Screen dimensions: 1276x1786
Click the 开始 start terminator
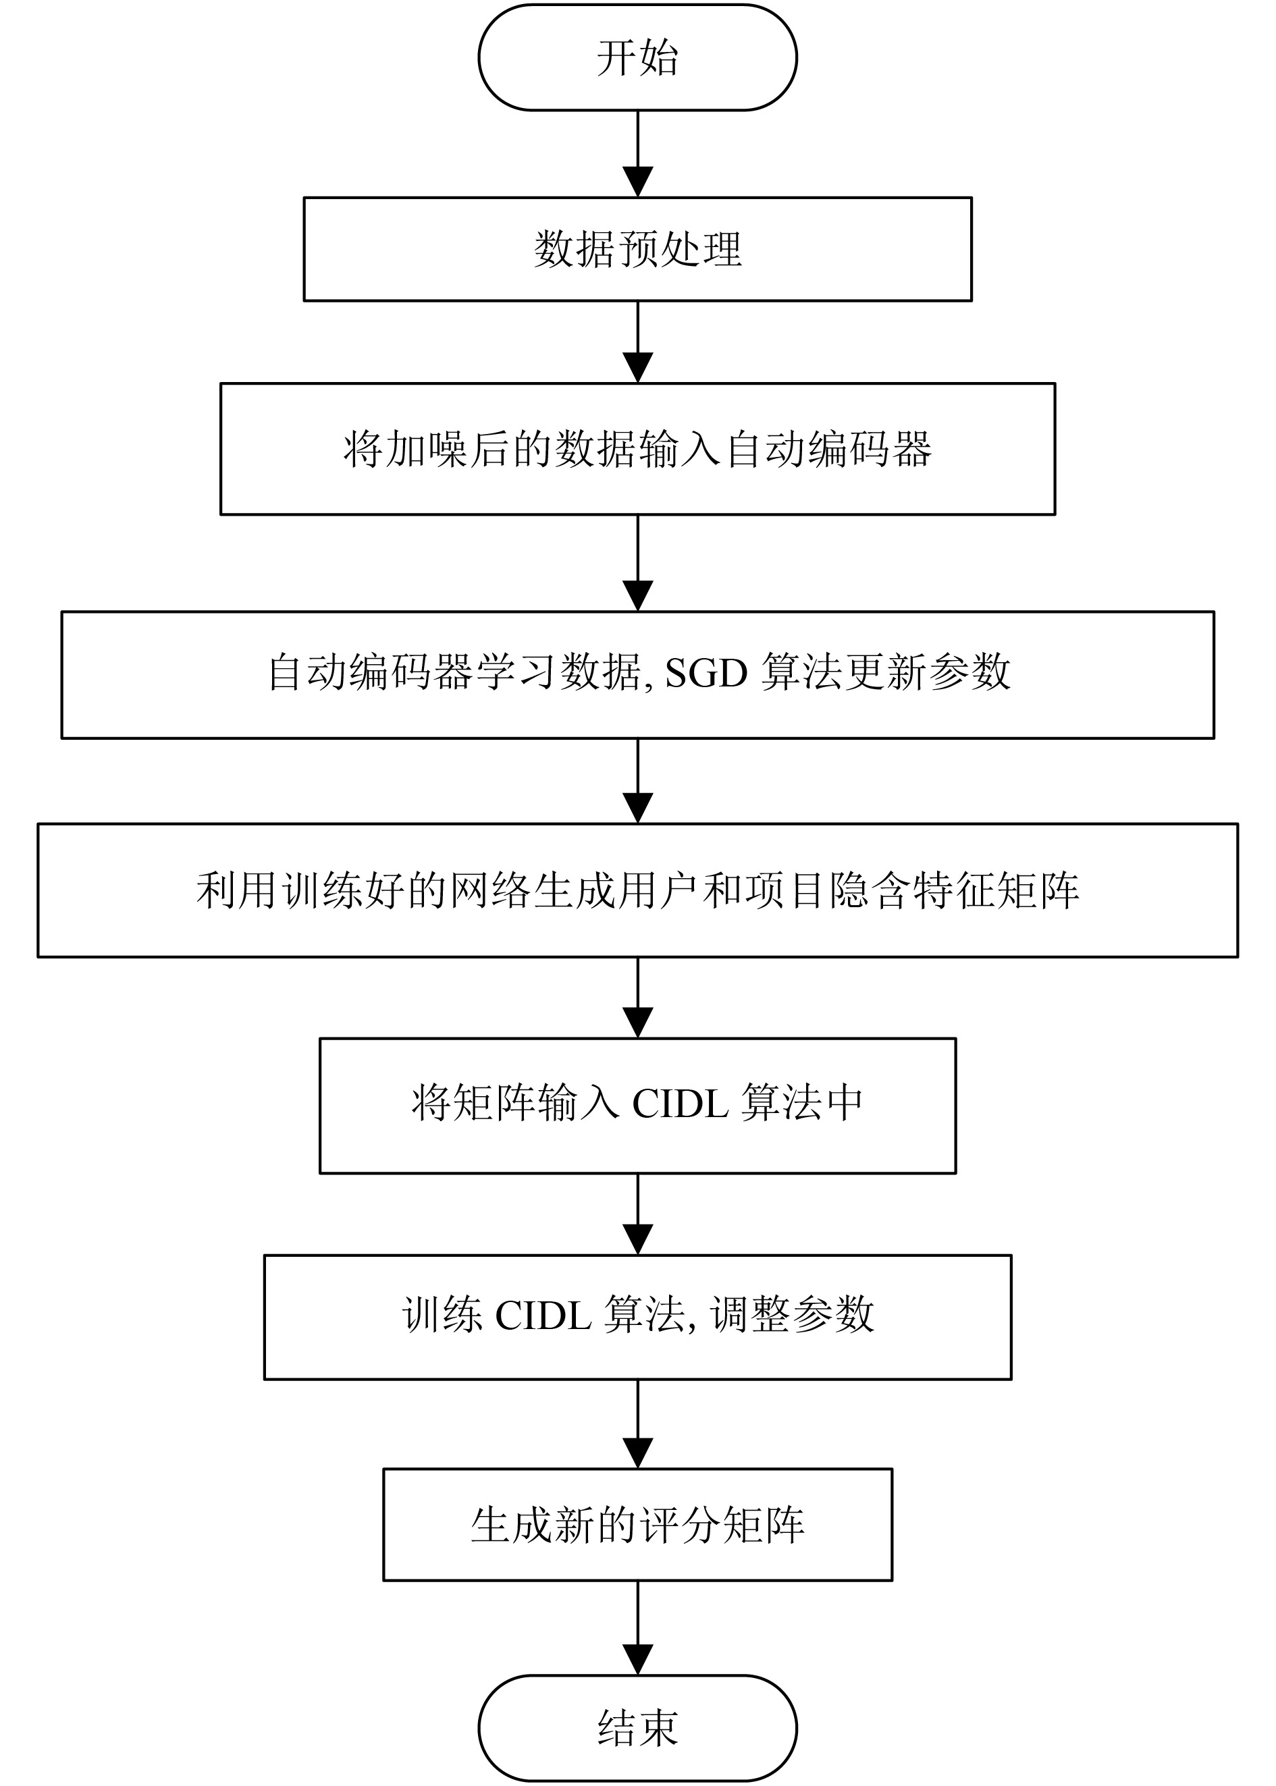pos(637,57)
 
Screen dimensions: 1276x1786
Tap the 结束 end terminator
pos(637,1728)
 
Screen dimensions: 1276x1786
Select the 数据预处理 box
pos(637,249)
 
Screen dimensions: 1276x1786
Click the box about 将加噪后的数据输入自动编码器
pos(637,450)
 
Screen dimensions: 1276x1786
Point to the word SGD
pos(706,673)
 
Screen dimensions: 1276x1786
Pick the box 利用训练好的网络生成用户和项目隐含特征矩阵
pos(637,891)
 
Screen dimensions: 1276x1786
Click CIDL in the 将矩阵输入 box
pos(681,1104)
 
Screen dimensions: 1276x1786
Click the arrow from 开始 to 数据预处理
pos(637,154)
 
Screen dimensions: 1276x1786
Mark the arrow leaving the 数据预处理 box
pos(637,342)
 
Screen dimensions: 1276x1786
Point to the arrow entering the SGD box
pos(637,563)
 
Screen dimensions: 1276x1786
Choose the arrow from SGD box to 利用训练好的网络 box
pos(637,781)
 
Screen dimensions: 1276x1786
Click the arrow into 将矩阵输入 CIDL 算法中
pos(637,998)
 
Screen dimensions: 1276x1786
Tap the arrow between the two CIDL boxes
pos(637,1214)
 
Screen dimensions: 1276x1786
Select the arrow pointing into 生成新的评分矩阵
pos(637,1424)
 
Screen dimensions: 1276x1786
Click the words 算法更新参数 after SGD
pos(886,673)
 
